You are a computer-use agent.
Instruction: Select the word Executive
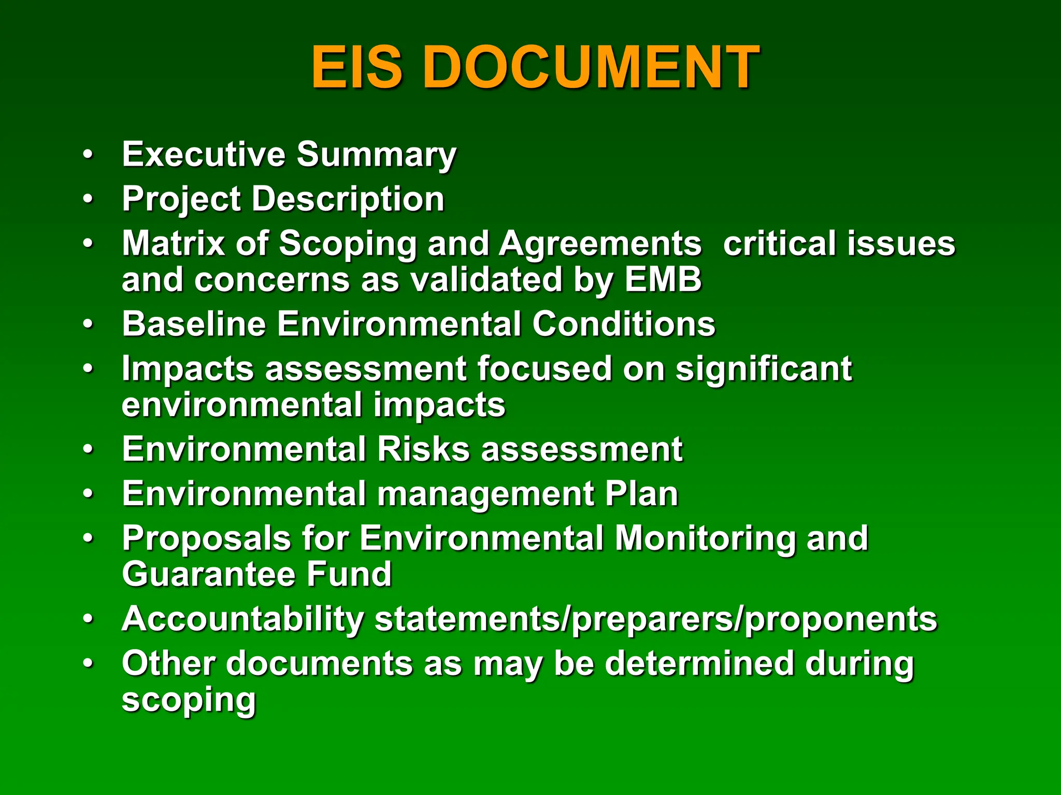click(204, 154)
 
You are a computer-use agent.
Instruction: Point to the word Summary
click(377, 155)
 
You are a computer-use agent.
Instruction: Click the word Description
click(348, 199)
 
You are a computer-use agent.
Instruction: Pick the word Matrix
click(173, 243)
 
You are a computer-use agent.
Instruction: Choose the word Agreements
click(600, 244)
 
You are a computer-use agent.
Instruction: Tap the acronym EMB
click(663, 279)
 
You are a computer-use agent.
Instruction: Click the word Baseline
click(194, 324)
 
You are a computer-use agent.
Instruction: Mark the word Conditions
click(624, 324)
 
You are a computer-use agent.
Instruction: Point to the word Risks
click(423, 449)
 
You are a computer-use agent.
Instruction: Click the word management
click(485, 494)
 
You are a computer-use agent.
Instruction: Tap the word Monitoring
click(705, 539)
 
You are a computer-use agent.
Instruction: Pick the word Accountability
click(243, 620)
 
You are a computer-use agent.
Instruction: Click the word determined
click(699, 663)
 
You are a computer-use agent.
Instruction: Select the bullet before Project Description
click(89, 199)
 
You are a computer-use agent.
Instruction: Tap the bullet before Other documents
click(89, 663)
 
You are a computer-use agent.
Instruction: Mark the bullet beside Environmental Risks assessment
click(89, 449)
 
